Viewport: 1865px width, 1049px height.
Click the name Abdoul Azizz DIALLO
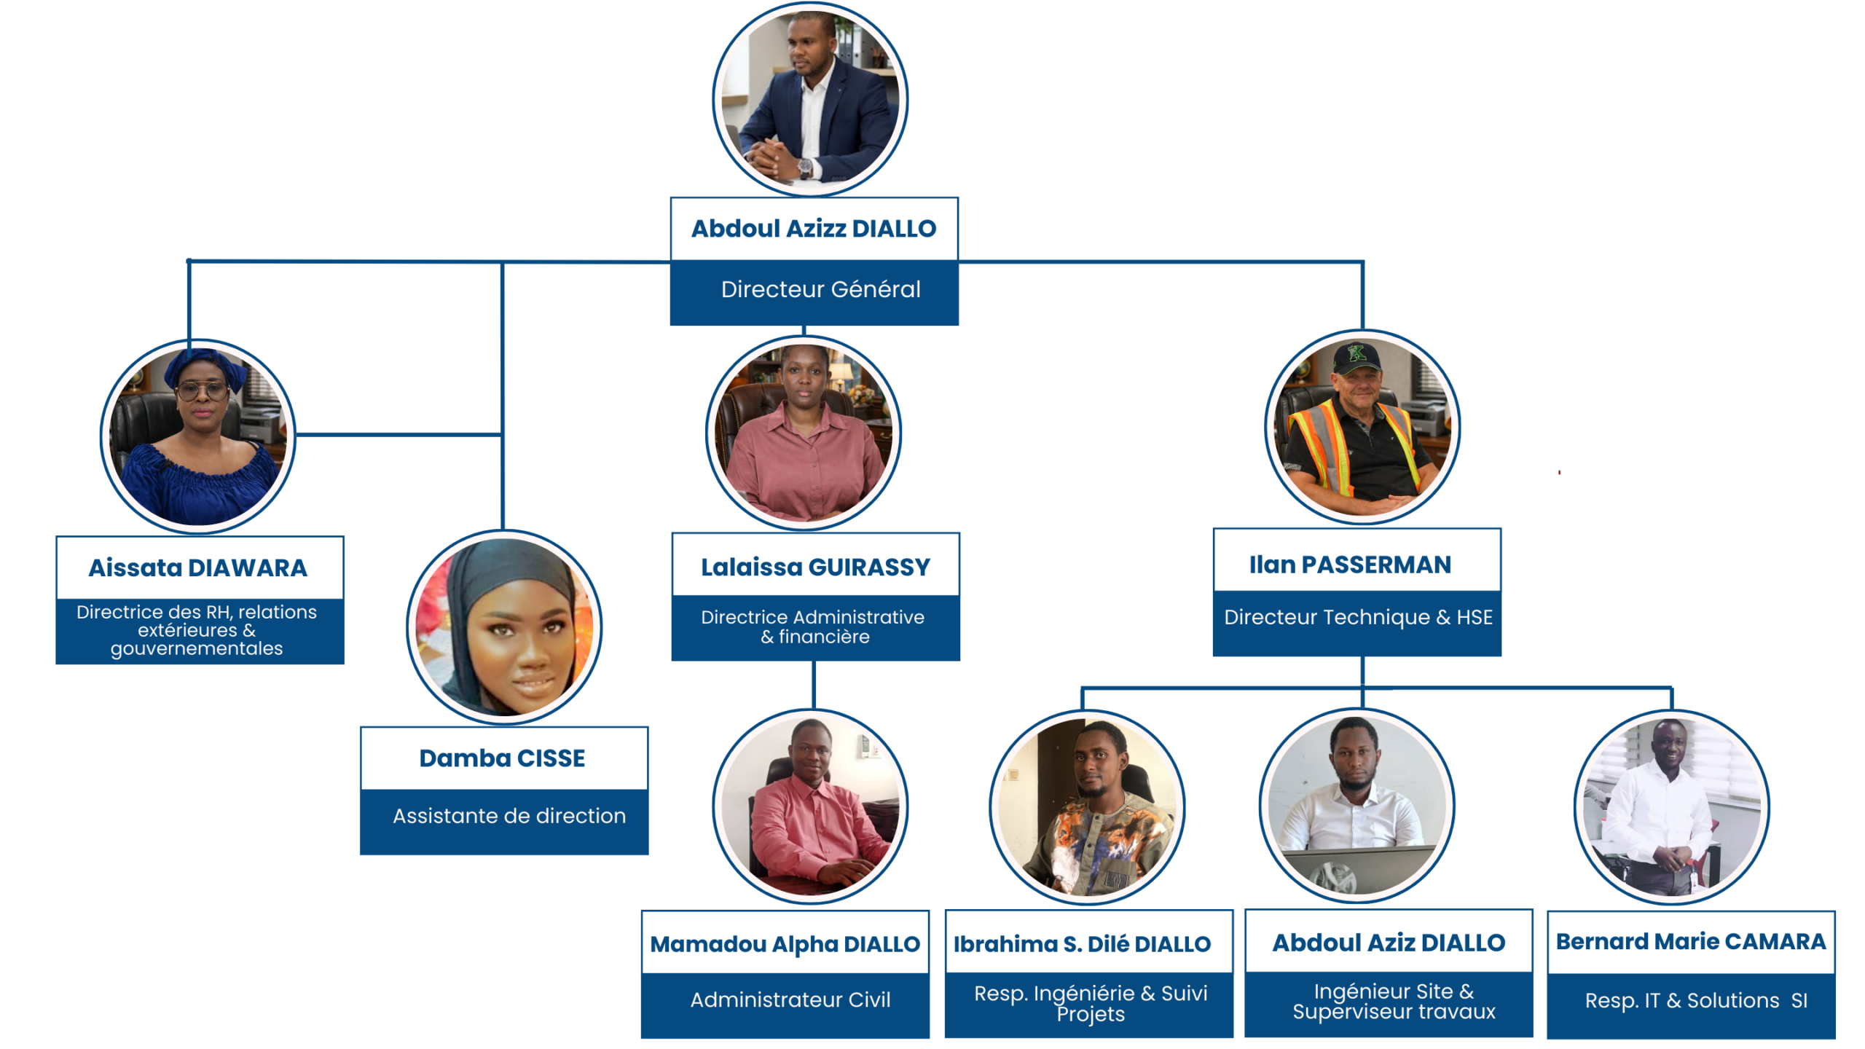pyautogui.click(x=813, y=229)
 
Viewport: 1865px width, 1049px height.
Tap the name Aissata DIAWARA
pyautogui.click(x=197, y=568)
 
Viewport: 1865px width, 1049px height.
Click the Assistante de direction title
pyautogui.click(x=509, y=816)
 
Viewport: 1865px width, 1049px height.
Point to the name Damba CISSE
pyautogui.click(x=502, y=758)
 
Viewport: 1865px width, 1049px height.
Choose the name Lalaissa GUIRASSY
pyautogui.click(x=814, y=567)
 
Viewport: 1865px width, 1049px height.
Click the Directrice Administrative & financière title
pyautogui.click(x=813, y=626)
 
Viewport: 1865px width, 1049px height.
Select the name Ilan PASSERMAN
pyautogui.click(x=1350, y=565)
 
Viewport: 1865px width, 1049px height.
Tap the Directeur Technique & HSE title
pyautogui.click(x=1357, y=618)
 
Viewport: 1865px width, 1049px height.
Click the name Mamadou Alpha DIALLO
pyautogui.click(x=785, y=944)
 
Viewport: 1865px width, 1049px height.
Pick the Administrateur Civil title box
pyautogui.click(x=790, y=1000)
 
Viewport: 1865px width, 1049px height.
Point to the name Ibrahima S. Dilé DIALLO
pyautogui.click(x=1082, y=944)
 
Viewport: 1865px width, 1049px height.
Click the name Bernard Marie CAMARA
pyautogui.click(x=1690, y=942)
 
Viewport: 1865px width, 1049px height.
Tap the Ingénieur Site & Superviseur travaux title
pyautogui.click(x=1393, y=1002)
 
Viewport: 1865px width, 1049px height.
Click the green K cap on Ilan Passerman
pyautogui.click(x=1356, y=355)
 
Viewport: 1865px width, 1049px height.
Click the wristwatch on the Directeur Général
pyautogui.click(x=805, y=166)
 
